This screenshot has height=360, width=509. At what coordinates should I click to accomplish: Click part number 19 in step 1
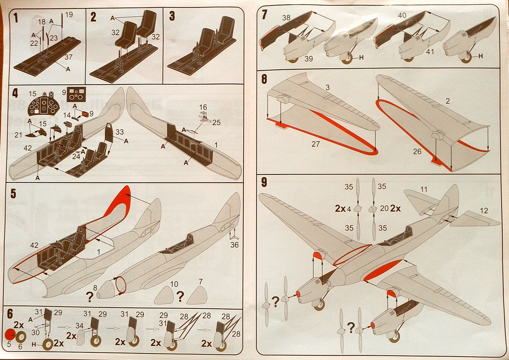point(69,15)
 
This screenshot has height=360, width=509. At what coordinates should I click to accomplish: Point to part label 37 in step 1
point(68,57)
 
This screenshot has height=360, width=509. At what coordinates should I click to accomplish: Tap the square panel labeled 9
point(76,95)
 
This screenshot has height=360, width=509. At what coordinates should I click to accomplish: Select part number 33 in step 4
point(120,132)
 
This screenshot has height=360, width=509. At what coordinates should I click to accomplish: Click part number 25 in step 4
point(216,123)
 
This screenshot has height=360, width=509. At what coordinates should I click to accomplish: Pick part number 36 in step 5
point(234,245)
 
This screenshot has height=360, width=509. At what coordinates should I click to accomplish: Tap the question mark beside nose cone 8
point(90,297)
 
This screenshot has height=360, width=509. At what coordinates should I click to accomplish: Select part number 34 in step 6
point(80,326)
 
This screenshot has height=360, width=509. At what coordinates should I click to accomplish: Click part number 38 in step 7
point(286,18)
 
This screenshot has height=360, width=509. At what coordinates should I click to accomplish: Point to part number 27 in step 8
point(315,144)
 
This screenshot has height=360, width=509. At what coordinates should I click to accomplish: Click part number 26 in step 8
point(417,152)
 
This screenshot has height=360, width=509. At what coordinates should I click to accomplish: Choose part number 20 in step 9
point(384,208)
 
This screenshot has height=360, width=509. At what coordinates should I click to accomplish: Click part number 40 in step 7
point(402,15)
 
